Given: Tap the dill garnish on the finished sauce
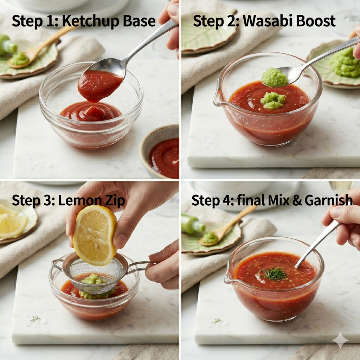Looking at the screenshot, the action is [274, 274].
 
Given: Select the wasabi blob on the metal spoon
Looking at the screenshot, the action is [274, 77].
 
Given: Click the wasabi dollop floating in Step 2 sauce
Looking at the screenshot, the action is [273, 100].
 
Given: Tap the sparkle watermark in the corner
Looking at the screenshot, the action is [340, 340].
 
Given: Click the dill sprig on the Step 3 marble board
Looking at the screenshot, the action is [35, 319].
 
